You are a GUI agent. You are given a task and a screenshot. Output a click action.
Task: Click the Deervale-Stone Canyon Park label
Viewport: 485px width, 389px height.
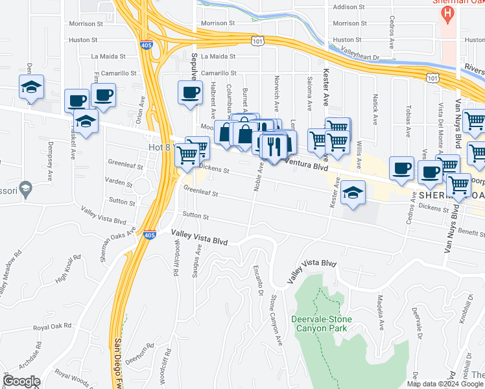(324, 324)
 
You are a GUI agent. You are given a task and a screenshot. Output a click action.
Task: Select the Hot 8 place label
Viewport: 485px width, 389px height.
(159, 147)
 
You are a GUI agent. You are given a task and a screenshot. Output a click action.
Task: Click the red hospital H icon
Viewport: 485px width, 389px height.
(445, 15)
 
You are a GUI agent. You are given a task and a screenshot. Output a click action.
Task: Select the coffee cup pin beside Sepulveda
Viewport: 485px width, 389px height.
(189, 93)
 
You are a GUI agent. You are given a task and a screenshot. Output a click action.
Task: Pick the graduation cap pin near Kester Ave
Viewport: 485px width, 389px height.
(353, 193)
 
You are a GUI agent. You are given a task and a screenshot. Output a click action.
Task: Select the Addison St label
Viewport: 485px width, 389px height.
(348, 7)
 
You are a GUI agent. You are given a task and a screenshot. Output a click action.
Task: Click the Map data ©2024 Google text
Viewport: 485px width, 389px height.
(445, 383)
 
